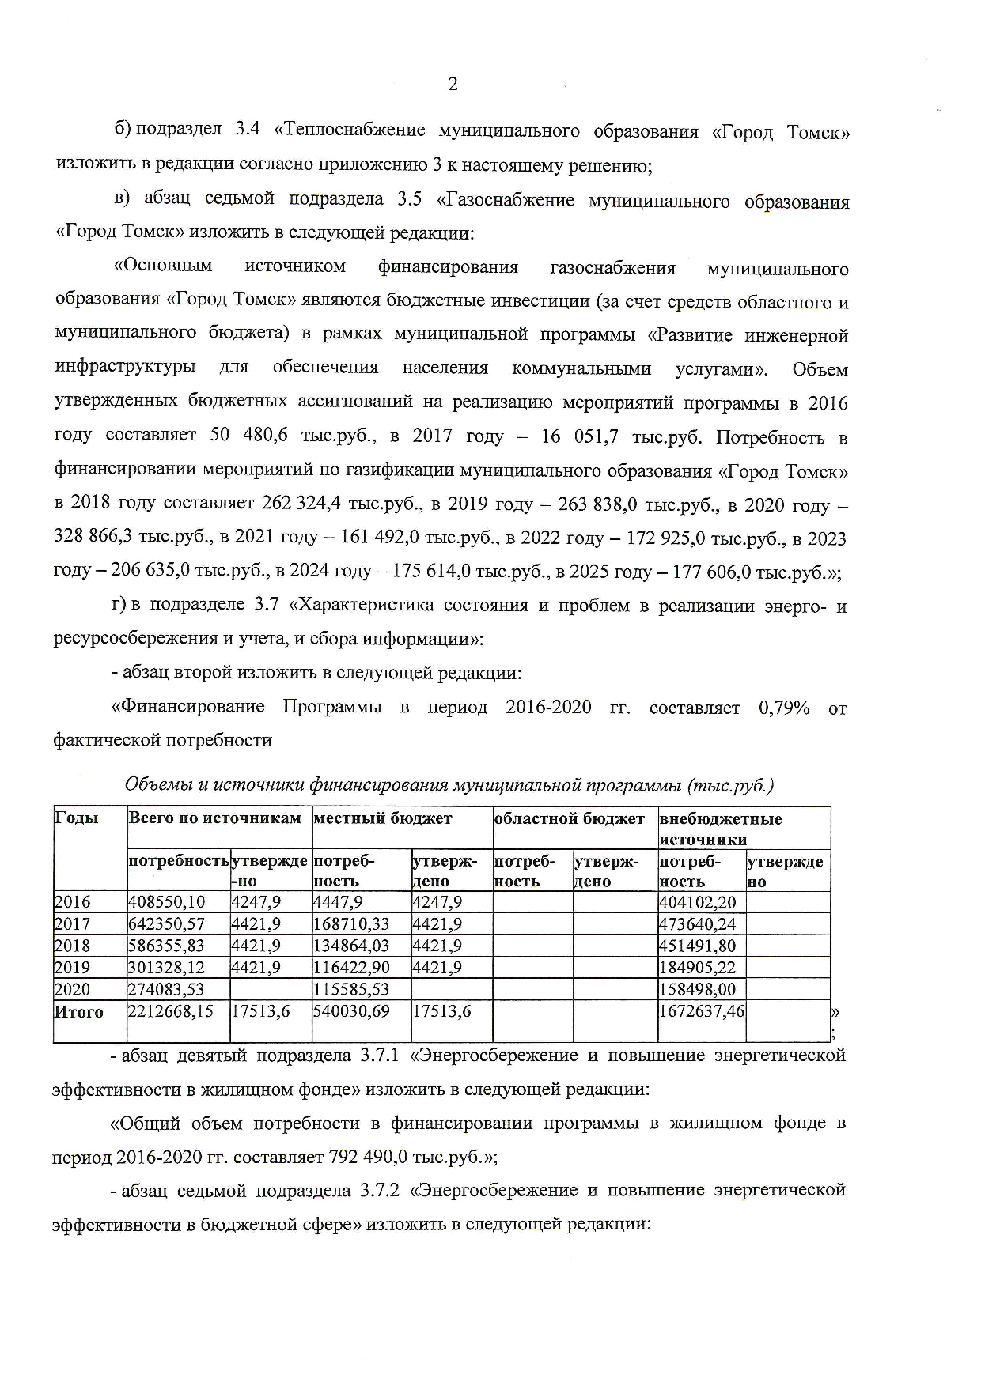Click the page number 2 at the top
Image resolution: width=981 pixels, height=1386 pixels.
[453, 85]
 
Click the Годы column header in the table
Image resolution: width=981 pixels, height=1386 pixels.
[77, 818]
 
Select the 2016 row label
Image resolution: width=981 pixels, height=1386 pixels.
[73, 902]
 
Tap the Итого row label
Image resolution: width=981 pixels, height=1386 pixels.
[79, 1011]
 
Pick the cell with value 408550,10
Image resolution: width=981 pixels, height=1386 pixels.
[167, 902]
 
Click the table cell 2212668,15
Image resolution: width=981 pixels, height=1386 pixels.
[171, 1011]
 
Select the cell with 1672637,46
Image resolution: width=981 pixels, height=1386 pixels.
[702, 1011]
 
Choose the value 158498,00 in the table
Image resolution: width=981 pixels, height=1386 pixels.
[698, 990]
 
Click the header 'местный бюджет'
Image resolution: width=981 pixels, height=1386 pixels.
[383, 818]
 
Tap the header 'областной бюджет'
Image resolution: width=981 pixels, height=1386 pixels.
[569, 818]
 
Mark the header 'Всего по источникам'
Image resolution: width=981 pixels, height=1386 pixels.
[214, 818]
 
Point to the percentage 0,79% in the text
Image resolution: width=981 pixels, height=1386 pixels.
[783, 708]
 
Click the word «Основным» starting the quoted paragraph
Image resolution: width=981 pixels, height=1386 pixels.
[164, 266]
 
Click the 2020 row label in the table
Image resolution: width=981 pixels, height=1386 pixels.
[73, 990]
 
